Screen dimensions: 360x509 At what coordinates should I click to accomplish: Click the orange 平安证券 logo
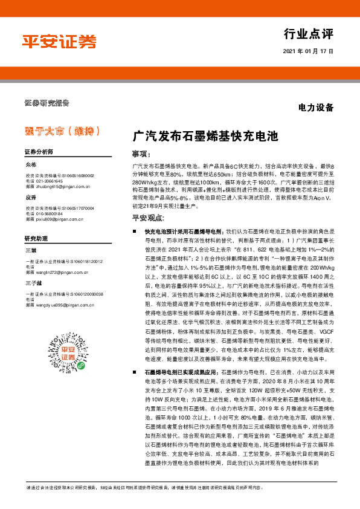pos(59,41)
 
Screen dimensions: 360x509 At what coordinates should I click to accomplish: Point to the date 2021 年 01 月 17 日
pos(308,52)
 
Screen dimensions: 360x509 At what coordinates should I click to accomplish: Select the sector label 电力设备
pos(316,108)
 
